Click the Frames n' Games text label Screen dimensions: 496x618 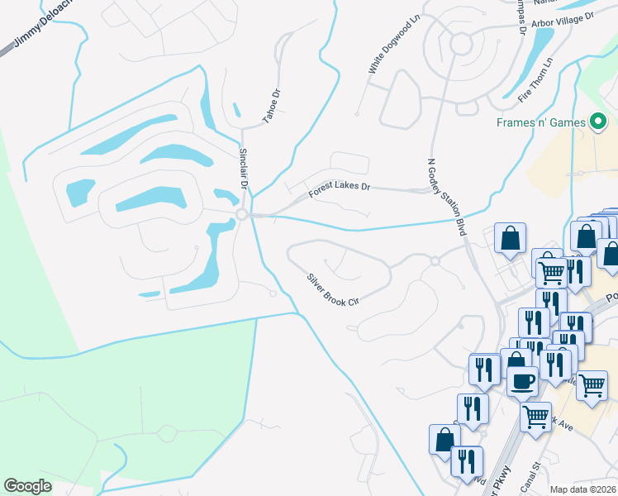click(x=540, y=122)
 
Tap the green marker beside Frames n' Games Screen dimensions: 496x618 click(x=599, y=122)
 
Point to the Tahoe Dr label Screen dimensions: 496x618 click(x=272, y=106)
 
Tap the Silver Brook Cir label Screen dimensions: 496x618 click(x=332, y=289)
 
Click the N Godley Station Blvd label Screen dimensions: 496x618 click(x=447, y=197)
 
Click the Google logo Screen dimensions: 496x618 click(x=27, y=486)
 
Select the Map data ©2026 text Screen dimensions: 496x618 click(x=582, y=489)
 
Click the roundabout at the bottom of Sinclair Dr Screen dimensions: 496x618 click(x=242, y=214)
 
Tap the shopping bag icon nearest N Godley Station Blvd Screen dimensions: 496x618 click(x=510, y=238)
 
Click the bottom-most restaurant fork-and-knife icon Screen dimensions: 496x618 click(x=467, y=460)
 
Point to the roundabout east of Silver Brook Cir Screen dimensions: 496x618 click(x=435, y=261)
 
